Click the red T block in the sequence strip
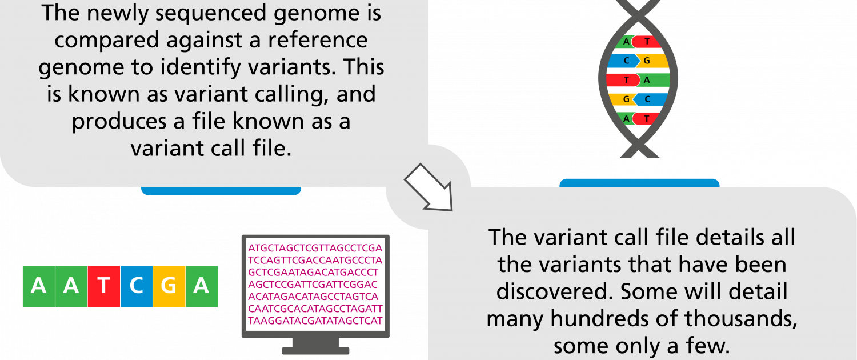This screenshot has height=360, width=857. tap(103, 286)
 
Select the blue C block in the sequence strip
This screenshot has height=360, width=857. tap(137, 286)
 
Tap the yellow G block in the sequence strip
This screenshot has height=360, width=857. tap(169, 286)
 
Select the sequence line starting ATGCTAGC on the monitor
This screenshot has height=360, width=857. tap(315, 248)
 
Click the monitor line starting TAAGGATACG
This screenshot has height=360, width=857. tap(315, 321)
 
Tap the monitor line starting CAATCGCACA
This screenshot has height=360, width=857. tap(315, 309)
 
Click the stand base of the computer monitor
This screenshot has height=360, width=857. tap(315, 351)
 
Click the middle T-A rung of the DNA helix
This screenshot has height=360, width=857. tap(638, 80)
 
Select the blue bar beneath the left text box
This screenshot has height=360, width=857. tap(221, 191)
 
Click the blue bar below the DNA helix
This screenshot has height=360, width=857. tap(639, 183)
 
